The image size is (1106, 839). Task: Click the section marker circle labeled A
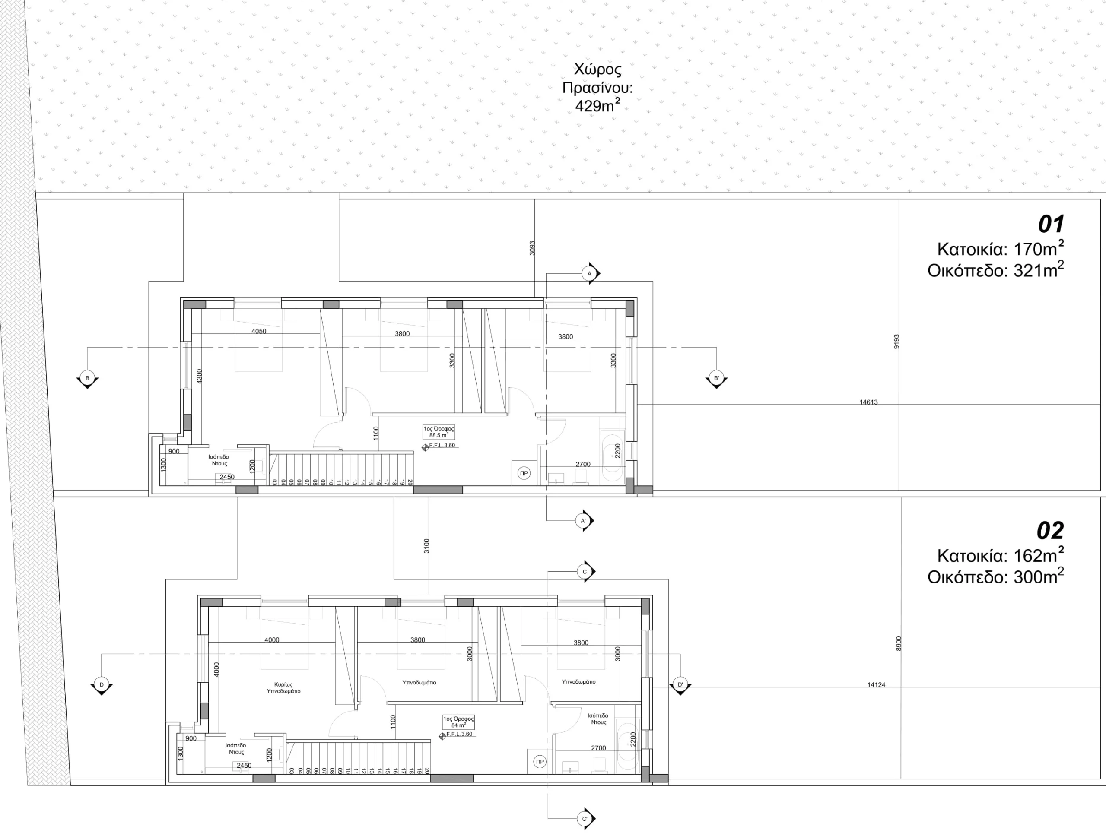pyautogui.click(x=589, y=273)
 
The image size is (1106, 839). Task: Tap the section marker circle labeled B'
pyautogui.click(x=716, y=378)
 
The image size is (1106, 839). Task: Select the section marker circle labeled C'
pyautogui.click(x=585, y=819)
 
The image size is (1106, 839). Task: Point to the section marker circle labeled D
pyautogui.click(x=102, y=684)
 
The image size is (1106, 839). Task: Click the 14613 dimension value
pyautogui.click(x=868, y=402)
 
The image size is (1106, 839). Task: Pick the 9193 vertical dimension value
pyautogui.click(x=896, y=342)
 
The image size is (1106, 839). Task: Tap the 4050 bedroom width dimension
pyautogui.click(x=258, y=331)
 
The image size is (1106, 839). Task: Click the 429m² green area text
pyautogui.click(x=598, y=105)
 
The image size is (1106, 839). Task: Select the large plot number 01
pyautogui.click(x=1051, y=225)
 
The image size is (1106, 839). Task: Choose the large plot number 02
pyautogui.click(x=1050, y=531)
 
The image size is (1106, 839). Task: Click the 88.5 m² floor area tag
pyautogui.click(x=439, y=432)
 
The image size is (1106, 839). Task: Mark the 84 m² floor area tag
pyautogui.click(x=458, y=722)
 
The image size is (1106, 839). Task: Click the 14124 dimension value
pyautogui.click(x=876, y=685)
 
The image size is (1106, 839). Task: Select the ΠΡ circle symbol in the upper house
pyautogui.click(x=524, y=473)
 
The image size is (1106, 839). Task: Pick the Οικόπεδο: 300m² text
pyautogui.click(x=995, y=577)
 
